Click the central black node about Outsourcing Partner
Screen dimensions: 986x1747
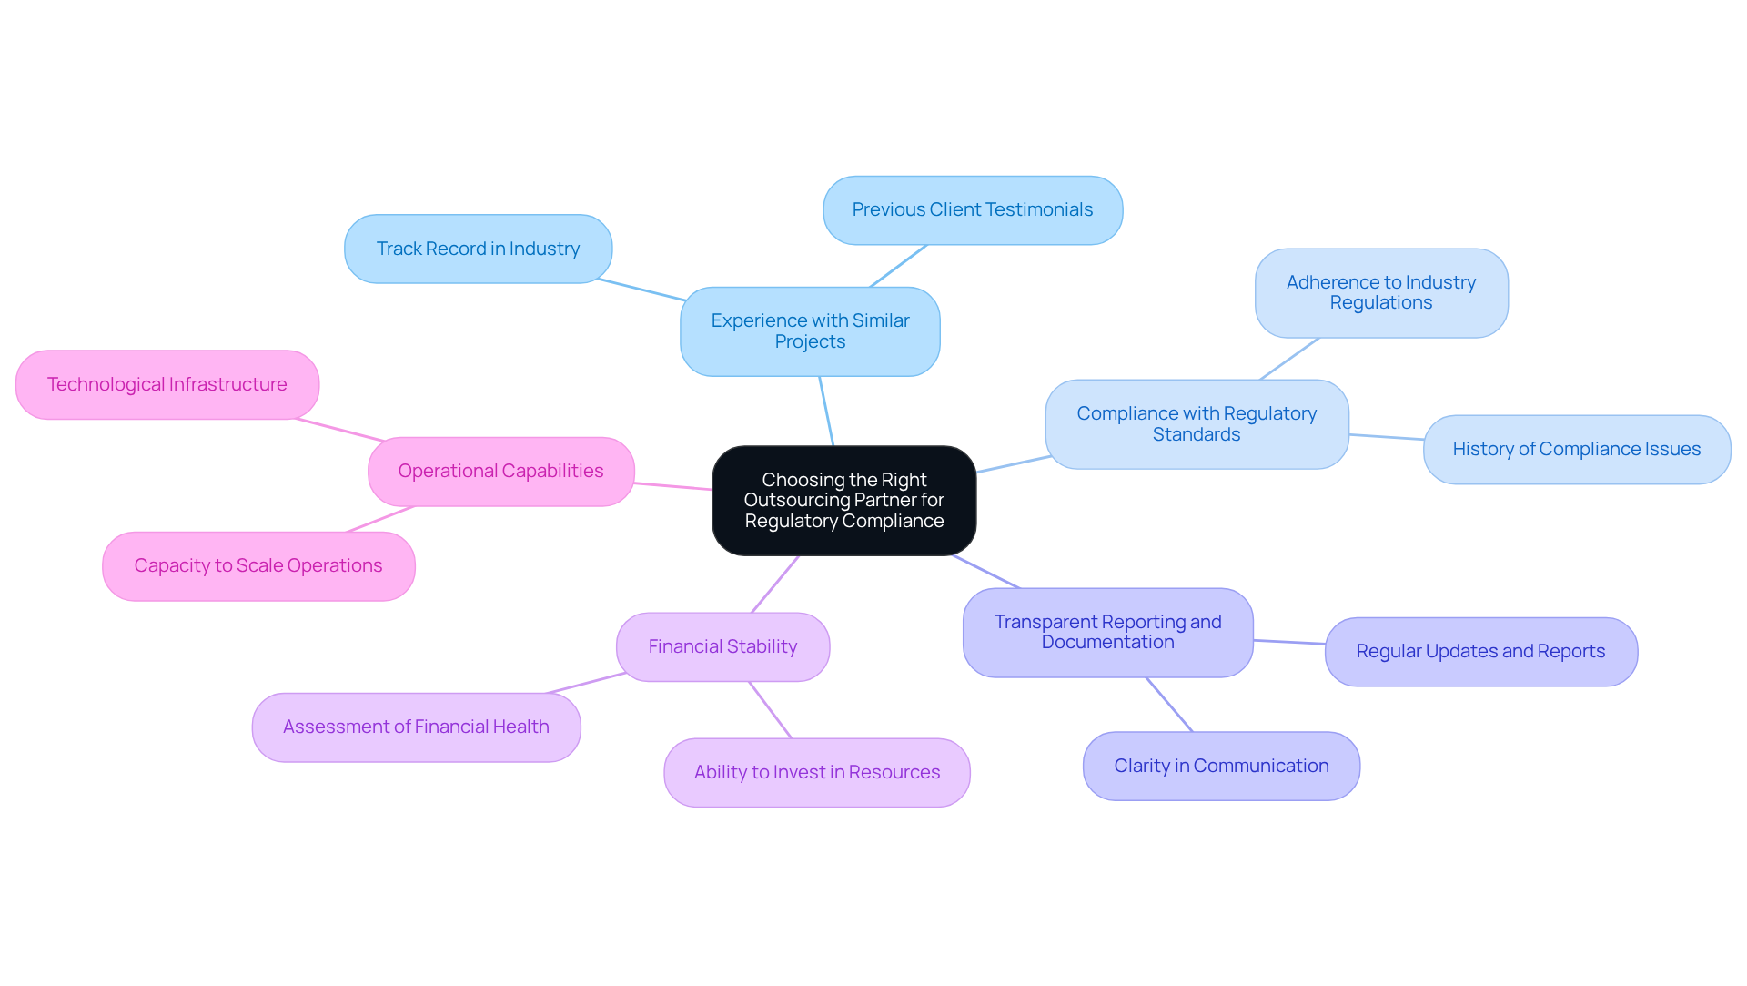[x=843, y=501]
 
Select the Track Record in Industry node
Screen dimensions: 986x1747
[x=478, y=249]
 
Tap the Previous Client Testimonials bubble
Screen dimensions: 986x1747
[x=972, y=210]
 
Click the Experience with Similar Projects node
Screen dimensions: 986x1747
[x=810, y=331]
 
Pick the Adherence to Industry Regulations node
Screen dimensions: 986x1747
[x=1380, y=293]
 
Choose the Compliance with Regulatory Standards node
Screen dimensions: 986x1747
[x=1196, y=424]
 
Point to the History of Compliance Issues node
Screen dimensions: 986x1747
[x=1576, y=450]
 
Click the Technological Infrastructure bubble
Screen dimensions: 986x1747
[x=167, y=385]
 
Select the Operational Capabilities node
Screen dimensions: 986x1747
[x=500, y=472]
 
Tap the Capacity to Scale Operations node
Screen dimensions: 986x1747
[x=258, y=566]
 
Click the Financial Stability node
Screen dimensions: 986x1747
[x=722, y=647]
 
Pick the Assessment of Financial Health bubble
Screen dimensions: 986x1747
[x=416, y=727]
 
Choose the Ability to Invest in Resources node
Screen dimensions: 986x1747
[x=816, y=773]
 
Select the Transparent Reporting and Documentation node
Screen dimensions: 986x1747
[x=1107, y=633]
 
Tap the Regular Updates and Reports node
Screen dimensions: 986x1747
[x=1480, y=652]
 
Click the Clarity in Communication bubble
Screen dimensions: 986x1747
[x=1221, y=767]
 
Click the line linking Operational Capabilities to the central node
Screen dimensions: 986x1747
[x=673, y=486]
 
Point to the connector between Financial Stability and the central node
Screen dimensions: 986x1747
[x=775, y=584]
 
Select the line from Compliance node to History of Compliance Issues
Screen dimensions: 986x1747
[x=1386, y=437]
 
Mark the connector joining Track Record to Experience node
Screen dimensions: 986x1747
[x=641, y=290]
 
